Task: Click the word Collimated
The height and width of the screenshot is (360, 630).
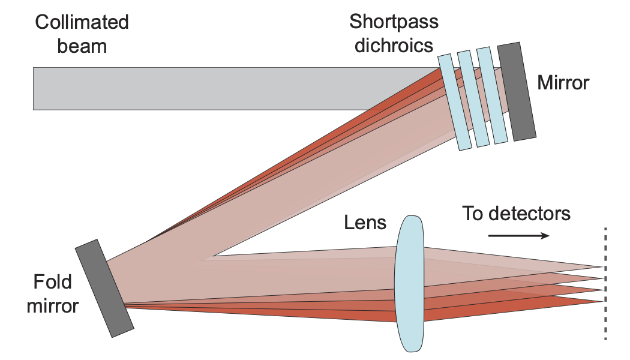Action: coord(82,23)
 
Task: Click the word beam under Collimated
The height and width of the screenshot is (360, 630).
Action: coord(82,46)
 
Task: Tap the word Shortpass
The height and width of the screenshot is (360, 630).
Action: coord(394,22)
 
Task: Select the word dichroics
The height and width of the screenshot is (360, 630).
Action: coord(394,45)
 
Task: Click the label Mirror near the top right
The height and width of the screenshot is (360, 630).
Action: coord(563,82)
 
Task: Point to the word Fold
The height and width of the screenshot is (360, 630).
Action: coord(53,282)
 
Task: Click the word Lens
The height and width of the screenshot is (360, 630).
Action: coord(365,223)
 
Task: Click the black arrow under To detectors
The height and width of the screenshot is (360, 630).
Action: coord(519,235)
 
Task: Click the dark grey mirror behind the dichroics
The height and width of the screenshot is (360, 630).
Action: coord(517,91)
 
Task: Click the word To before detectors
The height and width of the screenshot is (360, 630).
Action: coord(473,213)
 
